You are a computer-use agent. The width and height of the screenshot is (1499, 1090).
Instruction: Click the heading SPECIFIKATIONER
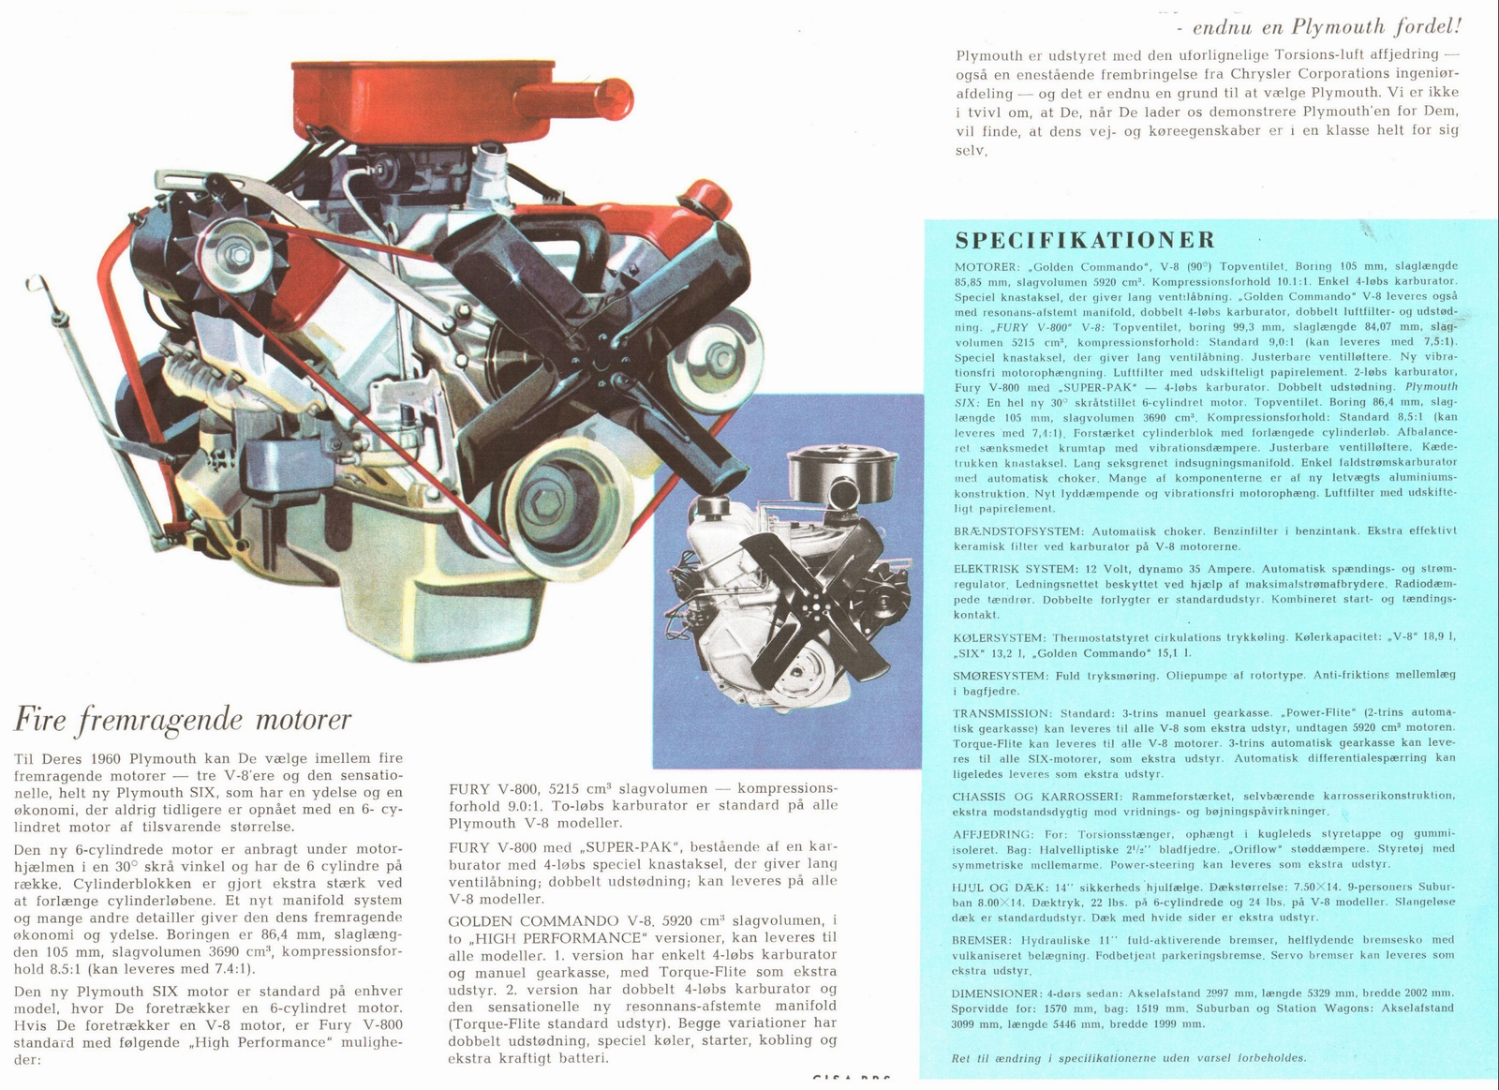[1085, 241]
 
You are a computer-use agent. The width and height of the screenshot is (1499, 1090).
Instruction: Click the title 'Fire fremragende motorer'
[183, 720]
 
